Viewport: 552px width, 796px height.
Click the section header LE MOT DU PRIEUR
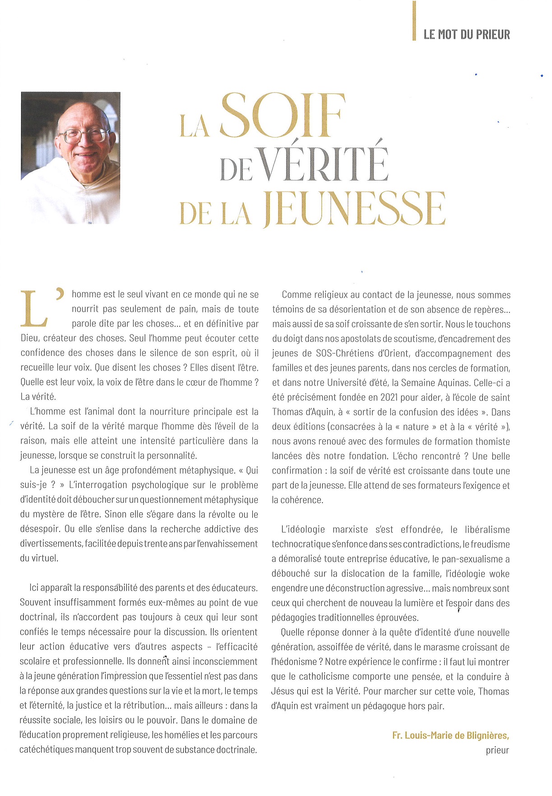[466, 34]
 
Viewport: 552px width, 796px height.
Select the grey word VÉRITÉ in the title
[324, 163]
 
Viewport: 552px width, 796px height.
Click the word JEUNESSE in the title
[354, 209]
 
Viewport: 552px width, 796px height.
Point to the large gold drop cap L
[34, 309]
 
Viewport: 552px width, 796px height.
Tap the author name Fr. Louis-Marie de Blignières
[450, 736]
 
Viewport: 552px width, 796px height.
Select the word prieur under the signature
[497, 750]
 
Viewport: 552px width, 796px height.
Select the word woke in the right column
[500, 574]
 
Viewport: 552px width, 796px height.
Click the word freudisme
[489, 544]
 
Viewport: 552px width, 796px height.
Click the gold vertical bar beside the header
[414, 21]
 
